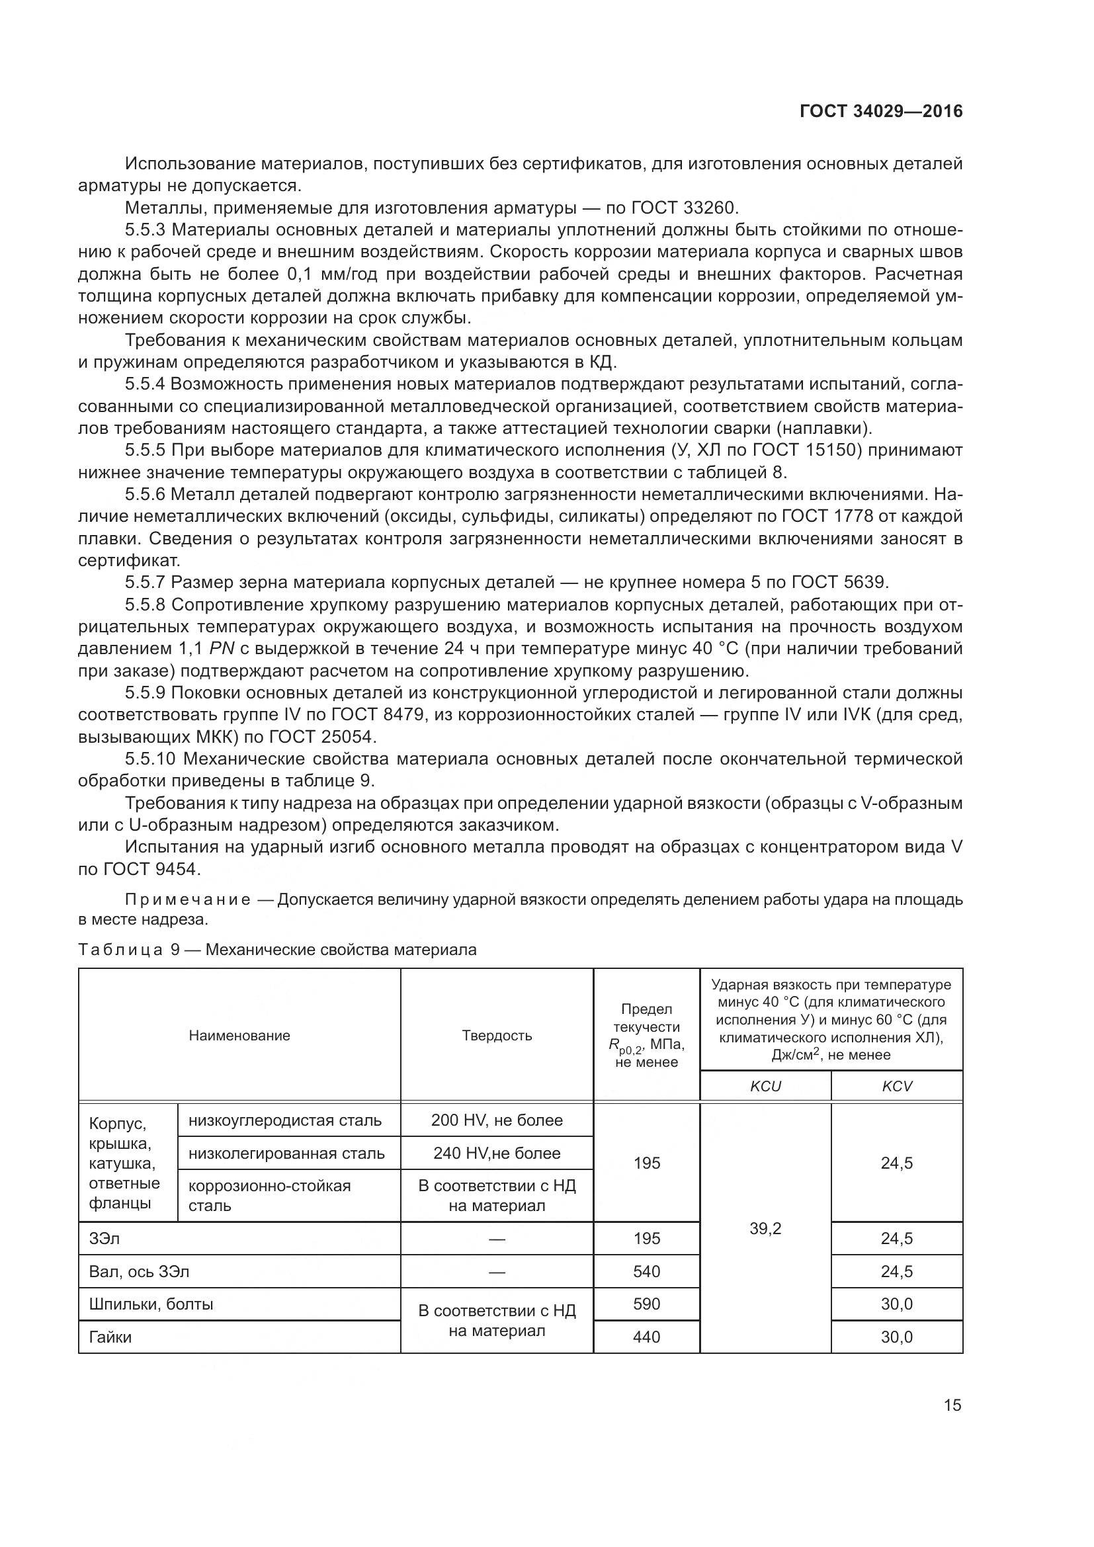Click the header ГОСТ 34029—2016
[x=881, y=112]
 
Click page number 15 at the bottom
[x=952, y=1405]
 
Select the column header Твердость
[x=497, y=1036]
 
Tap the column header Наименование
[x=239, y=1036]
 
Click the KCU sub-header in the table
[x=765, y=1086]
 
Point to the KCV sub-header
[x=897, y=1086]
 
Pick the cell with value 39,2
[x=765, y=1228]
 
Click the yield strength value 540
[x=646, y=1271]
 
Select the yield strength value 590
[x=646, y=1304]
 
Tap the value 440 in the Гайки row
[x=646, y=1337]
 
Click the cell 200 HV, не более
[x=497, y=1120]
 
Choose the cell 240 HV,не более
[x=497, y=1153]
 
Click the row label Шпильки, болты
[x=151, y=1304]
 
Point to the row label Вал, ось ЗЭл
[x=139, y=1271]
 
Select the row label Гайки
[x=110, y=1337]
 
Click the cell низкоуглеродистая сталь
[x=285, y=1120]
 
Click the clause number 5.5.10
[x=150, y=759]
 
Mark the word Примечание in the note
[x=188, y=899]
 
